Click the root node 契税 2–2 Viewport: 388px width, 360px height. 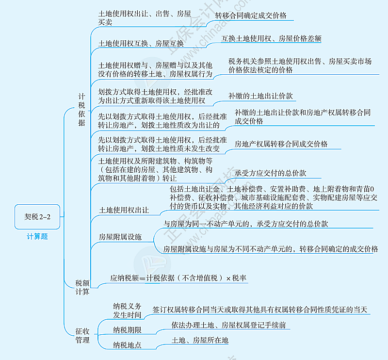pos(37,217)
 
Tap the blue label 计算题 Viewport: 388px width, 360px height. pos(37,237)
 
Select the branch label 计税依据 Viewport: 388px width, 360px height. pos(81,110)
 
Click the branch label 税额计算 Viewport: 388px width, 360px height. pos(82,287)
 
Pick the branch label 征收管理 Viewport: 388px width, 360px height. pos(82,335)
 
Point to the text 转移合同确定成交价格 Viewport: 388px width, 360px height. pos(251,16)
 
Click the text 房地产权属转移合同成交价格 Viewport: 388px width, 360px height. pos(281,144)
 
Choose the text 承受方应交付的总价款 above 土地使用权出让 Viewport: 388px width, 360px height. pos(271,173)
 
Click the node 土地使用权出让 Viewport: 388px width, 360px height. pos(124,210)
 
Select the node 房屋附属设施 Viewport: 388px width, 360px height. pos(120,237)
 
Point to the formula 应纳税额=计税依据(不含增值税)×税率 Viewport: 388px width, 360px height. pos(178,278)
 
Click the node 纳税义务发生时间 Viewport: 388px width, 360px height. pos(128,311)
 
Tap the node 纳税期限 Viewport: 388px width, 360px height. pos(128,330)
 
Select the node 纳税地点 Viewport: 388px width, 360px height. pos(128,345)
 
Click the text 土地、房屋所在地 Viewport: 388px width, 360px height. pos(199,341)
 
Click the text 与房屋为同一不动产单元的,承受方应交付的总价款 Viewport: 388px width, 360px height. pos(245,224)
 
